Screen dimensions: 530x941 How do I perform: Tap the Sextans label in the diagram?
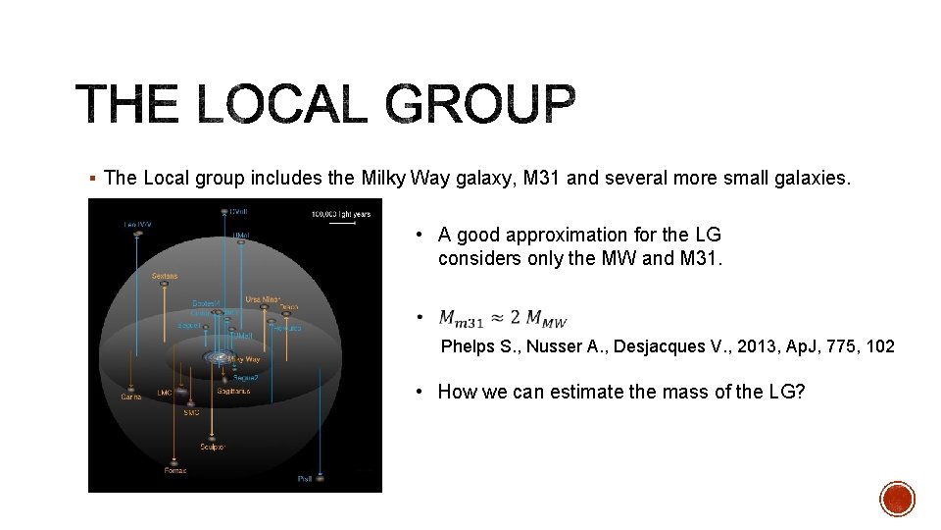[164, 276]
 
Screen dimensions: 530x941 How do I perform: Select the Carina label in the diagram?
[130, 397]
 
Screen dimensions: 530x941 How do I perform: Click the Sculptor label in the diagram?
[213, 447]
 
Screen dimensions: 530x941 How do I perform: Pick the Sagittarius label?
[233, 391]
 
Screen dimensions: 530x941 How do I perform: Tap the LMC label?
[165, 394]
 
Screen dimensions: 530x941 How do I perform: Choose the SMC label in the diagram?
[191, 413]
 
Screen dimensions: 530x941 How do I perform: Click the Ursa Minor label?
[264, 299]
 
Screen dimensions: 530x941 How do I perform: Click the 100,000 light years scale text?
[340, 213]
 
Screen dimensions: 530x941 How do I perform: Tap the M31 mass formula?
[503, 318]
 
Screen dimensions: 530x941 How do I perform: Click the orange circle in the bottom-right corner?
[897, 499]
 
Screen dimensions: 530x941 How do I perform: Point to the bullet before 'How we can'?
[419, 392]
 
